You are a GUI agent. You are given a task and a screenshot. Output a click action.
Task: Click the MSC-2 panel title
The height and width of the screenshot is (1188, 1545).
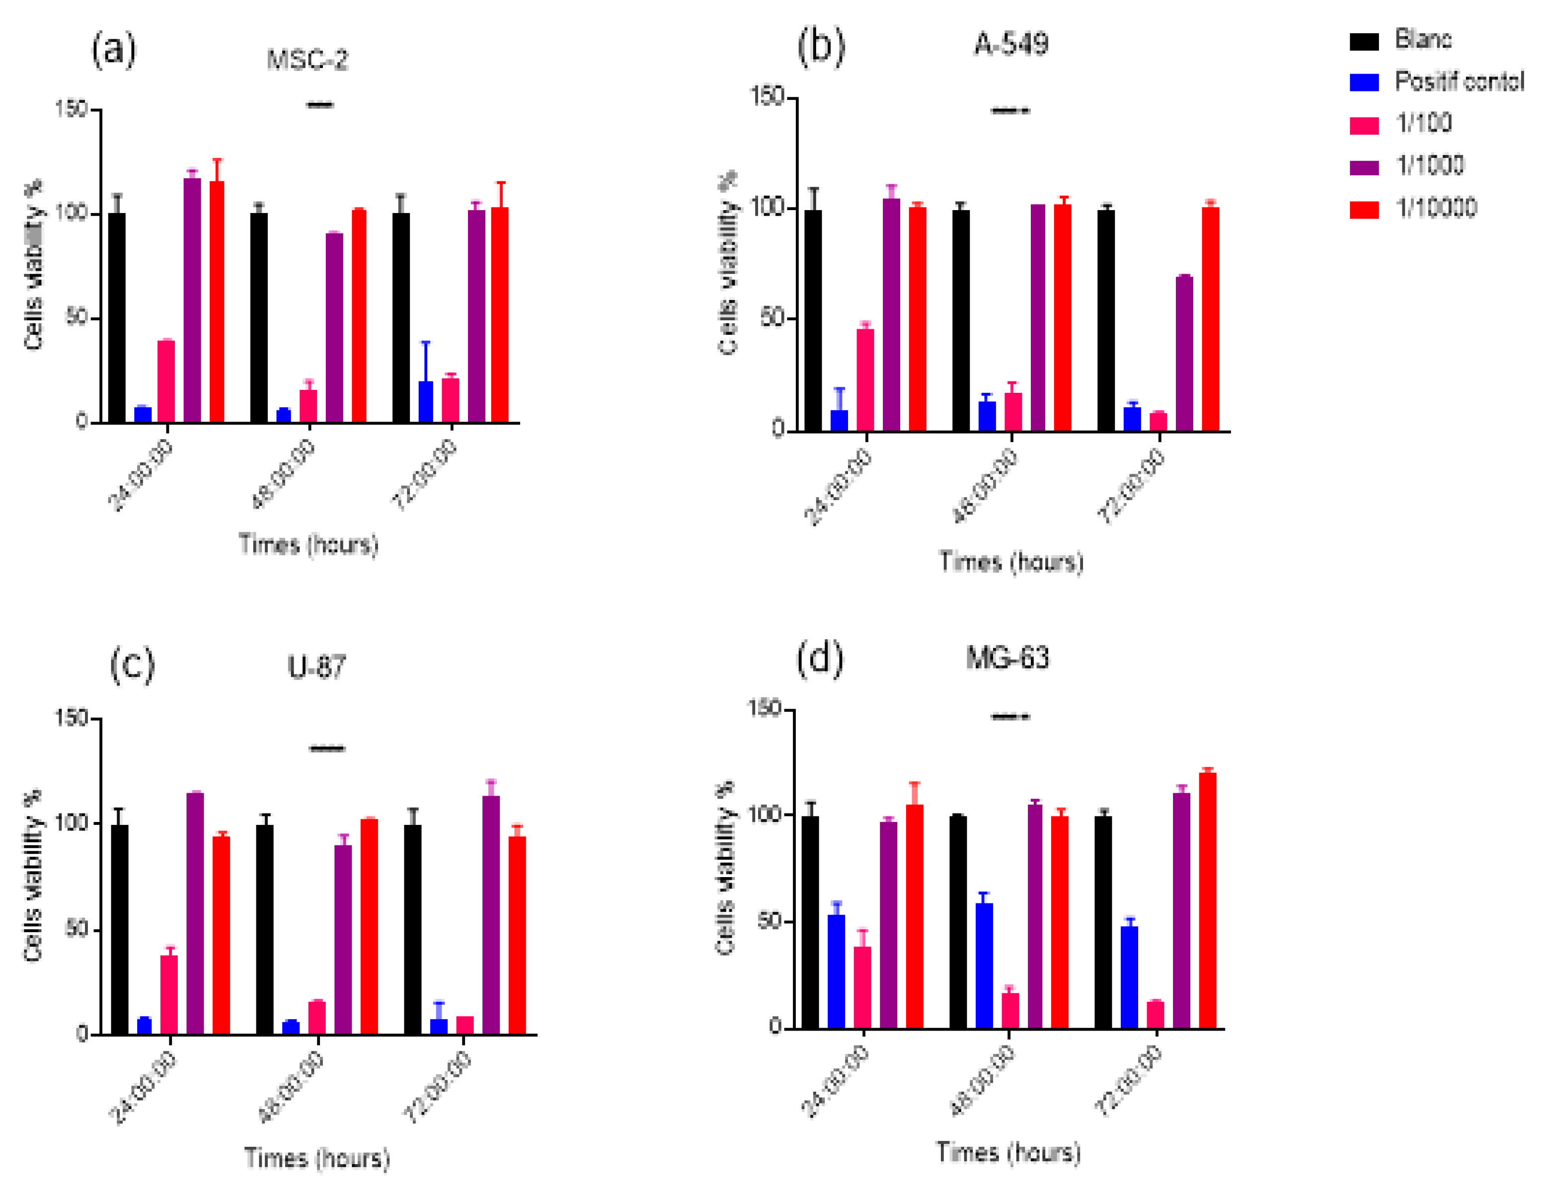307,60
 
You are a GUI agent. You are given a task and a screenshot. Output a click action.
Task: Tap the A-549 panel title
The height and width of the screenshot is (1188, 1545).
1011,44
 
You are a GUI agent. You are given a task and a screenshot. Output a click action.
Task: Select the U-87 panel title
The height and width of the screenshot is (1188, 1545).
316,667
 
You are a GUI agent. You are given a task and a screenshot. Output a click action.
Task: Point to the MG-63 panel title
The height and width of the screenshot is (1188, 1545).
1007,659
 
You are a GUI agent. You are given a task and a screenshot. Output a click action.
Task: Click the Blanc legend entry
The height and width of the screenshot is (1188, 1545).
1422,40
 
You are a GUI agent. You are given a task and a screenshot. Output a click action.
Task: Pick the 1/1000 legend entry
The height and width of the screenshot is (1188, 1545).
1429,165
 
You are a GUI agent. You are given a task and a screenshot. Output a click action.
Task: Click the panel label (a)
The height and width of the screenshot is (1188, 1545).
113,51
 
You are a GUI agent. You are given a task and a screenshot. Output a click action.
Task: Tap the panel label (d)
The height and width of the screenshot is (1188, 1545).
819,659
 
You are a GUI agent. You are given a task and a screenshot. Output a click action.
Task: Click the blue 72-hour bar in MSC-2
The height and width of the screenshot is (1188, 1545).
426,402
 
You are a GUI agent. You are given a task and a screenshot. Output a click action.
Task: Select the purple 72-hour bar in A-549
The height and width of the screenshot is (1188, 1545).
1184,354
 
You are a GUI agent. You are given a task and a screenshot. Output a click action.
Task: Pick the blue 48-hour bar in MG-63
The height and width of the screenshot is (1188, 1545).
984,965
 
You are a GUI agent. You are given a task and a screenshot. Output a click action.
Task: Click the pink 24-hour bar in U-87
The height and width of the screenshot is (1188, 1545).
169,995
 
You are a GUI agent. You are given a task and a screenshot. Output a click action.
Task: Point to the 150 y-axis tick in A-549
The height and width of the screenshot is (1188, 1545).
768,96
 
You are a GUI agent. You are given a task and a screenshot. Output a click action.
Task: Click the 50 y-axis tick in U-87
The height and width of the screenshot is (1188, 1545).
76,928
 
